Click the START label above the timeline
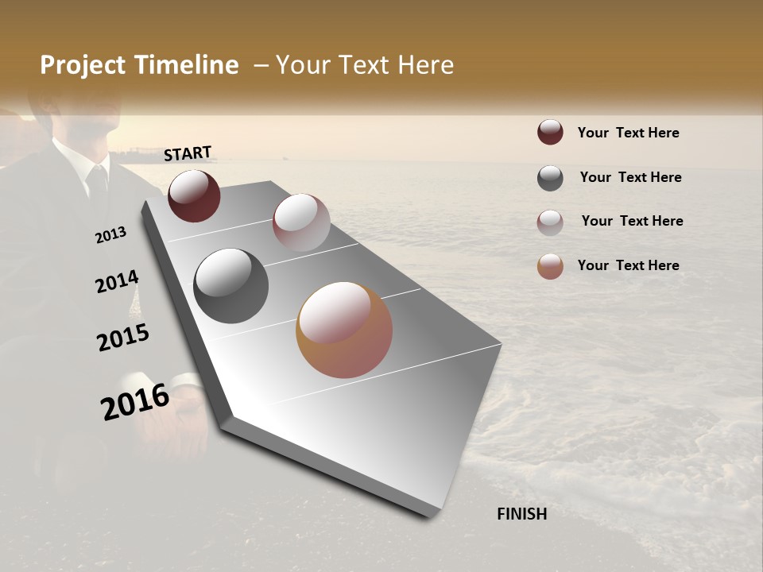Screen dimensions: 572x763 click(188, 153)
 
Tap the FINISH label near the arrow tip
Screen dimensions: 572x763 click(521, 514)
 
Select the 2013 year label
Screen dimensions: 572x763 click(110, 235)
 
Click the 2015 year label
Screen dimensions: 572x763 click(123, 338)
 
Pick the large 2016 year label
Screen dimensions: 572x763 click(135, 402)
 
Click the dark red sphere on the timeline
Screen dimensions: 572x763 click(194, 196)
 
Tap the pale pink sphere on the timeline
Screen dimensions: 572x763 click(301, 222)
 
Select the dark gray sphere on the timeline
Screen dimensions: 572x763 click(230, 286)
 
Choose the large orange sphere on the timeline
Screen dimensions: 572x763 click(344, 330)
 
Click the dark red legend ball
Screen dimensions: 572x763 click(550, 132)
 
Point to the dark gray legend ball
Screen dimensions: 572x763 click(550, 178)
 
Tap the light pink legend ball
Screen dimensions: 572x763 click(550, 222)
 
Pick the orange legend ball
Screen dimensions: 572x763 click(550, 266)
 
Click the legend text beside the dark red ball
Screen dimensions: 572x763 click(628, 133)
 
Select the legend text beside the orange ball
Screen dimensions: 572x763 click(628, 265)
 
